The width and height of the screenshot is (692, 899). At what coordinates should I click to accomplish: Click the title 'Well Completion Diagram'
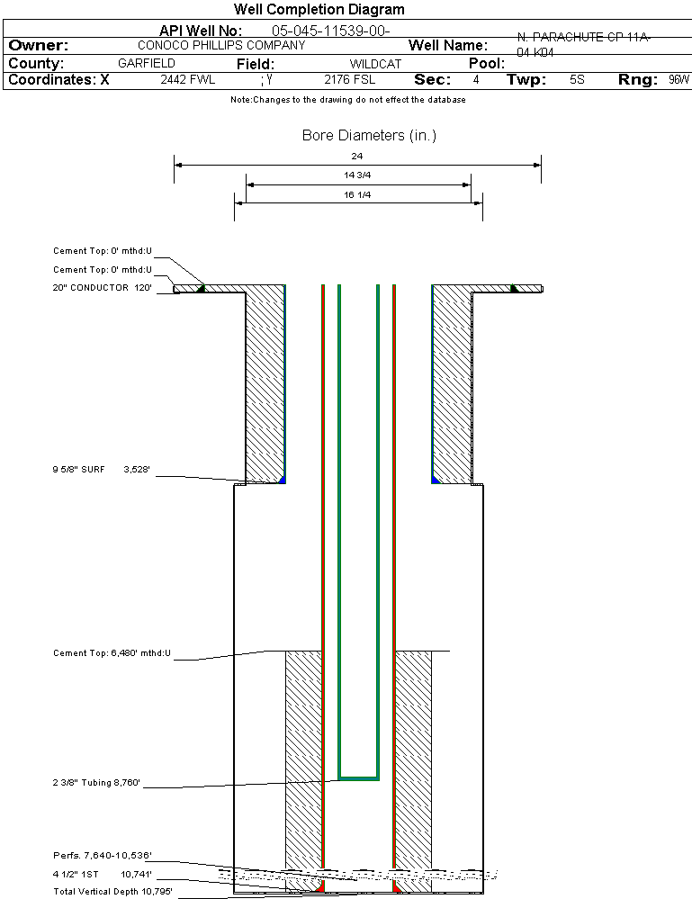(x=319, y=10)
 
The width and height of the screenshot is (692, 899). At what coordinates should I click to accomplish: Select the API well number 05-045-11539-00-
(x=330, y=31)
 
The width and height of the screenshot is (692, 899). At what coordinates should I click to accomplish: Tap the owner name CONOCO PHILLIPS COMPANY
(x=221, y=45)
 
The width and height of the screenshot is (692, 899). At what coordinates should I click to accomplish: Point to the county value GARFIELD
(x=147, y=63)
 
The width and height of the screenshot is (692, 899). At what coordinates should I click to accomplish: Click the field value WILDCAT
(x=377, y=64)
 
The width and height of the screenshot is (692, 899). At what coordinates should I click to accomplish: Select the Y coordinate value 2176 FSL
(x=349, y=80)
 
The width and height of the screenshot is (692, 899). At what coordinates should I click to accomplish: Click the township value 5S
(x=577, y=80)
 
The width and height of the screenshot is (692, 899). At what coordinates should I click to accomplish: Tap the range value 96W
(x=679, y=80)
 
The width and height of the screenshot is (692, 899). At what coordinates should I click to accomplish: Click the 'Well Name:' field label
(x=448, y=45)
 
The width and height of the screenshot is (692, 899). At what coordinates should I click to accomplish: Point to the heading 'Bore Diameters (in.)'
(x=369, y=136)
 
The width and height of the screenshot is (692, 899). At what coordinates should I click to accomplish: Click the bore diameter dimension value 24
(x=357, y=157)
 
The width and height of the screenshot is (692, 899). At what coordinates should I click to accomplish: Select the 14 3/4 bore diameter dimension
(x=357, y=175)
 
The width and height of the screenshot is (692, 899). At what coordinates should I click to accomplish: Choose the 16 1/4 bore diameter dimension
(x=357, y=194)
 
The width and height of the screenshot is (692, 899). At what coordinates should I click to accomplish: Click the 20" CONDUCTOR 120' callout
(x=102, y=289)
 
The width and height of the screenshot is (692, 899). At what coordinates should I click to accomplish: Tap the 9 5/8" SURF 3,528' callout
(x=106, y=469)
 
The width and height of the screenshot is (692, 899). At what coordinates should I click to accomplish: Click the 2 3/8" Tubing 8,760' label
(x=97, y=782)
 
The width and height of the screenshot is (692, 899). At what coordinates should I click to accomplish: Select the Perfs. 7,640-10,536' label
(x=102, y=855)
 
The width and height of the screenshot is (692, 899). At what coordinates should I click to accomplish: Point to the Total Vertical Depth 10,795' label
(x=112, y=892)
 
